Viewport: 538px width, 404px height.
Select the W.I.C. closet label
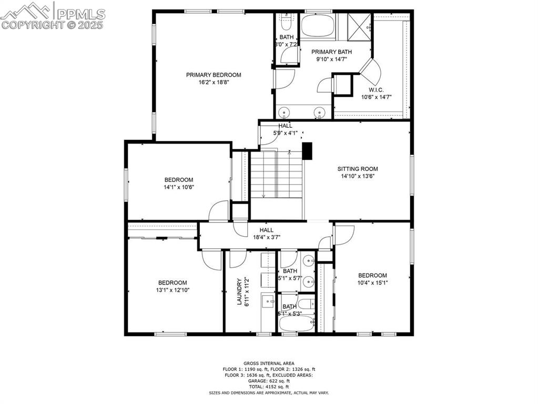(x=375, y=89)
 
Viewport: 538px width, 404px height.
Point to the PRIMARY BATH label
(x=331, y=52)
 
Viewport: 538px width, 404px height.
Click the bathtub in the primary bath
(x=317, y=25)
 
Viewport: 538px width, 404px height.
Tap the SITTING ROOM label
(x=358, y=169)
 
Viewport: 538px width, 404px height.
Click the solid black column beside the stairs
(x=308, y=151)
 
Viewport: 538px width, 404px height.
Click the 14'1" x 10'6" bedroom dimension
(x=179, y=187)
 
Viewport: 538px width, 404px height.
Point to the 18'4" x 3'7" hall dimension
(x=266, y=237)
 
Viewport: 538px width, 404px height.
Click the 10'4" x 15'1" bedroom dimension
(x=372, y=282)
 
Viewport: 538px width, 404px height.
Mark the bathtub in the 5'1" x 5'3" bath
(x=295, y=322)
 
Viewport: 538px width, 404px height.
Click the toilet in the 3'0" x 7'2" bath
(x=287, y=23)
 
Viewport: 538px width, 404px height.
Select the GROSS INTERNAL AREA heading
(x=268, y=363)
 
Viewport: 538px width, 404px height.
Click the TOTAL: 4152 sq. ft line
(x=268, y=387)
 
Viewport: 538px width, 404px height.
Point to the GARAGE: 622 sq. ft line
(x=268, y=381)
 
